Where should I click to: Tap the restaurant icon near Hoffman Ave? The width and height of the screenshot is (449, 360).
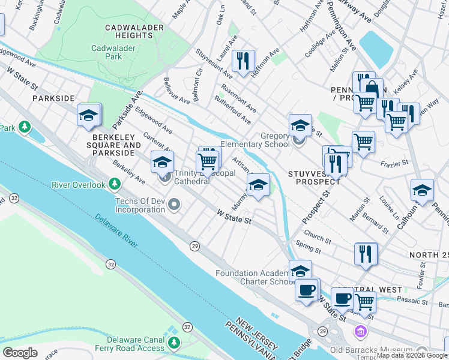(243, 61)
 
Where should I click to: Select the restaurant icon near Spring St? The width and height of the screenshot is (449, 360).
(365, 254)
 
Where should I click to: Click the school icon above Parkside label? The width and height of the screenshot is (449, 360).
(89, 115)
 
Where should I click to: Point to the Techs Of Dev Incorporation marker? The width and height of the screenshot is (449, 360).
(175, 205)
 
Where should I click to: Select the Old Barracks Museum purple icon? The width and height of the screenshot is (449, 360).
(360, 331)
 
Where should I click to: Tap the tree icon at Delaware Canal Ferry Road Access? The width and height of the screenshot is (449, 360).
(174, 343)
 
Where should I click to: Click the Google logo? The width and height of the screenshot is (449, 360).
(20, 353)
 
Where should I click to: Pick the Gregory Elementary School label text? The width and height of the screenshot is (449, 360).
(255, 140)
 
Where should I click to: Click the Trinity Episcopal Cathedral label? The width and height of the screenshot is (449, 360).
(192, 177)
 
